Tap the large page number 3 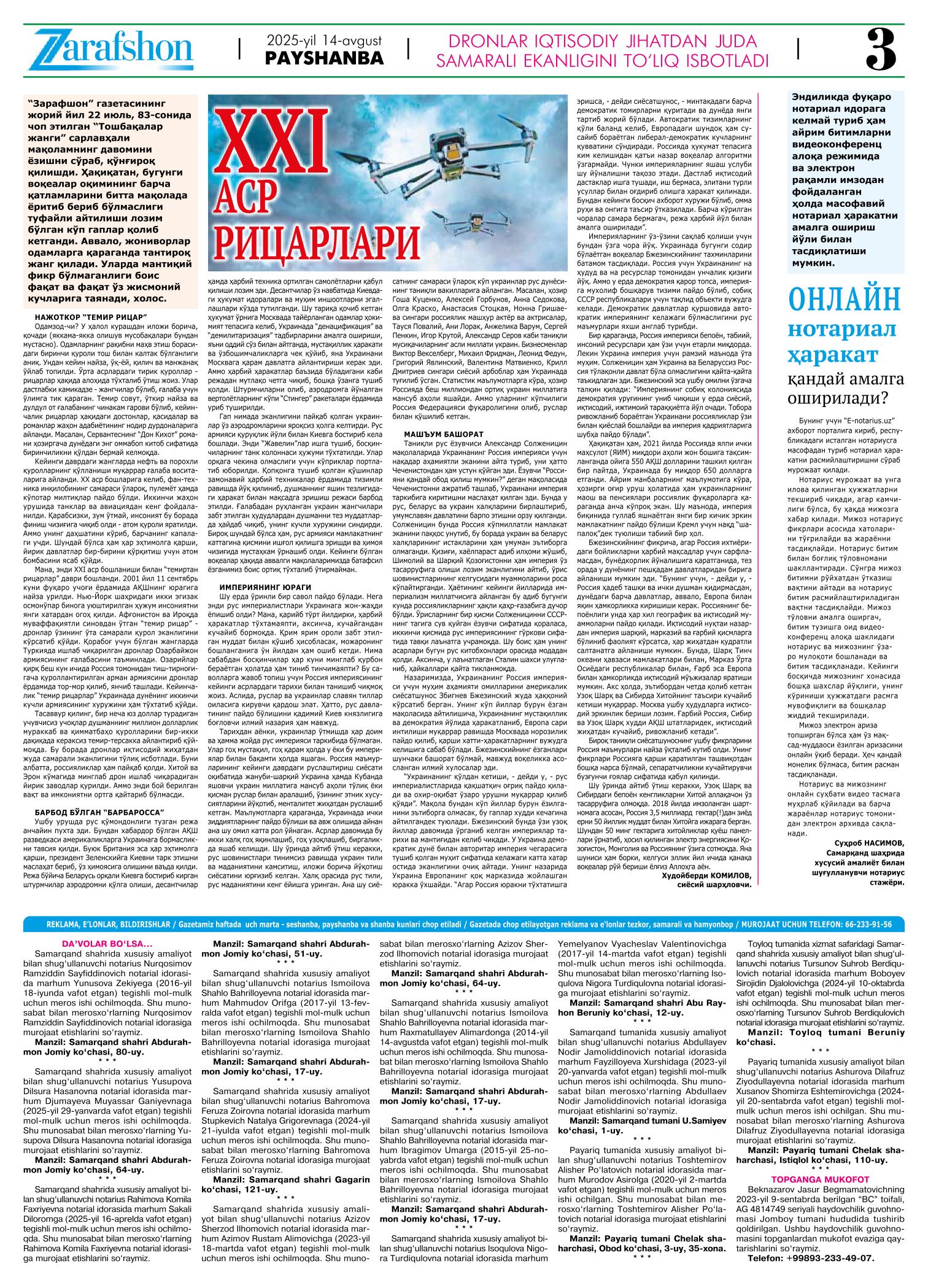point(881,51)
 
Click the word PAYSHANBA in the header point(324,59)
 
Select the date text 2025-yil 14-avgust point(324,41)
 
